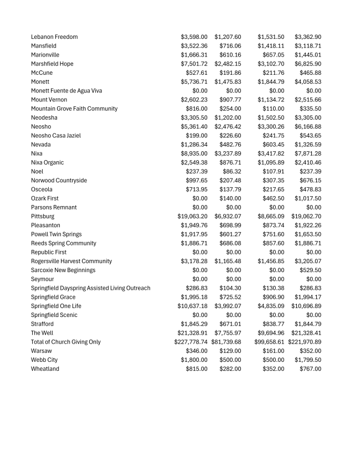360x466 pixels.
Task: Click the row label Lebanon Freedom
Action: (54, 37)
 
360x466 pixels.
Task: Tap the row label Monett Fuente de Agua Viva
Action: (66, 91)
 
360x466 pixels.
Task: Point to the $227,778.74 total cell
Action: (191, 342)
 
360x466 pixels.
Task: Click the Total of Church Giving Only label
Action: (66, 342)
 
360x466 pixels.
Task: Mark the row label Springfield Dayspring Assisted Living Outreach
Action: (91, 288)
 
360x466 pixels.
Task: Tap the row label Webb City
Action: (45, 360)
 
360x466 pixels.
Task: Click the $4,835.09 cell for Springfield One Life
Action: (271, 306)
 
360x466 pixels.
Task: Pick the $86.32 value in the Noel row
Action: (232, 172)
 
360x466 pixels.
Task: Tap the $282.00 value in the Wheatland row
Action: (230, 369)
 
